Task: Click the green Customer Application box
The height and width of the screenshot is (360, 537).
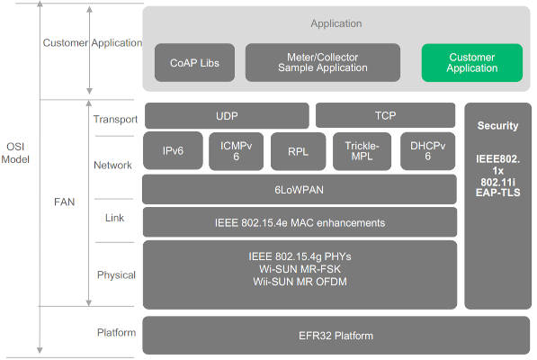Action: click(471, 63)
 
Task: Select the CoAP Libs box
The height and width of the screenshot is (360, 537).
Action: click(195, 63)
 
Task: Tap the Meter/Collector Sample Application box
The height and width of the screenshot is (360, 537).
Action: click(322, 63)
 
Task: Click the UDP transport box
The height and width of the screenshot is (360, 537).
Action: click(227, 116)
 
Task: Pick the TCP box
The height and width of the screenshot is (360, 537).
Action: click(386, 116)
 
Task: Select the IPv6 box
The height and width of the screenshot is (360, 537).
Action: click(173, 151)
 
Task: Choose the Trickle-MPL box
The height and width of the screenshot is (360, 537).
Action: click(363, 151)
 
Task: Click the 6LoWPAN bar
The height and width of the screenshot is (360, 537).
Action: click(300, 189)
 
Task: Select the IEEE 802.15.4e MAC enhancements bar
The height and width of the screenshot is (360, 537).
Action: click(300, 222)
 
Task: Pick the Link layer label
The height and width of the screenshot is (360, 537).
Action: click(114, 219)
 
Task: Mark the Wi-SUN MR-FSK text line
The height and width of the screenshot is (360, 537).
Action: click(300, 268)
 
